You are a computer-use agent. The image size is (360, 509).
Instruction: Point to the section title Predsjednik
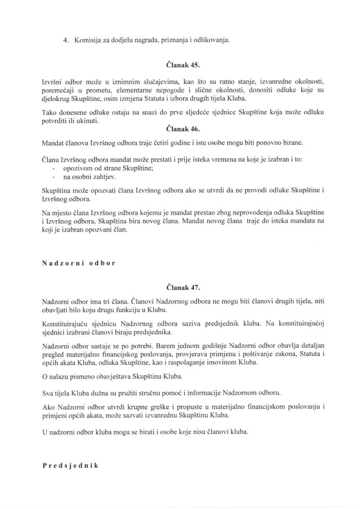tap(72, 466)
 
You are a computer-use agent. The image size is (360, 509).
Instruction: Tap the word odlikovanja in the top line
tap(212, 40)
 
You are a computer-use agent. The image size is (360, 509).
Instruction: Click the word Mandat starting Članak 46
tap(53, 144)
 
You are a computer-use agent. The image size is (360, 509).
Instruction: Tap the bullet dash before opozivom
tap(54, 168)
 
